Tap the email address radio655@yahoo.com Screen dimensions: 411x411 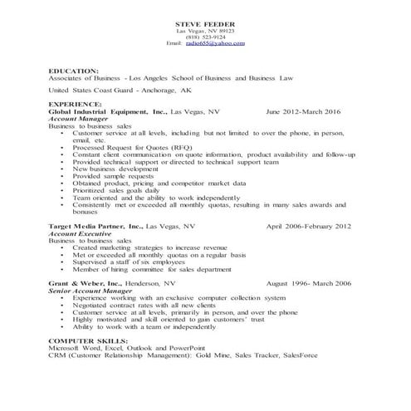(215, 42)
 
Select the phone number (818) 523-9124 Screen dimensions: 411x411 (206, 36)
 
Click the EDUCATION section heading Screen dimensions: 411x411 (74, 71)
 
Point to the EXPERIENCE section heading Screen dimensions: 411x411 (76, 104)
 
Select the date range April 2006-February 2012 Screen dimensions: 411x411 (308, 226)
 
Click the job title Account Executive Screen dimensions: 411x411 (81, 233)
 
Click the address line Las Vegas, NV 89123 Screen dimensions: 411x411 (205, 29)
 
